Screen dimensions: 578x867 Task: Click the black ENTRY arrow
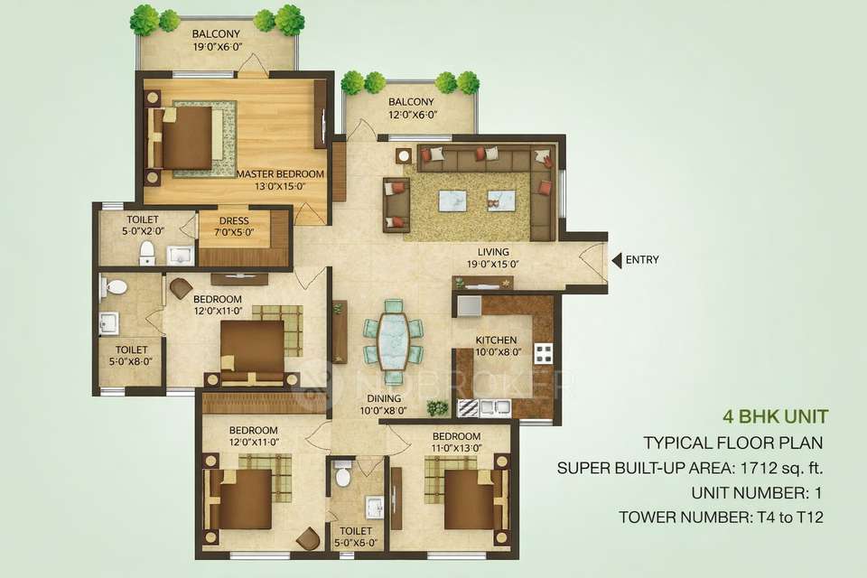pyautogui.click(x=617, y=260)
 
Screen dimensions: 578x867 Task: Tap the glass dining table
pyautogui.click(x=394, y=338)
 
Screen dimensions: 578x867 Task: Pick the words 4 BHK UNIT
pyautogui.click(x=776, y=417)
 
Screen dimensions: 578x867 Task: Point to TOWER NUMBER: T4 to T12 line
pyautogui.click(x=722, y=517)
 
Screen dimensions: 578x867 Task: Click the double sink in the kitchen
pyautogui.click(x=493, y=408)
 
